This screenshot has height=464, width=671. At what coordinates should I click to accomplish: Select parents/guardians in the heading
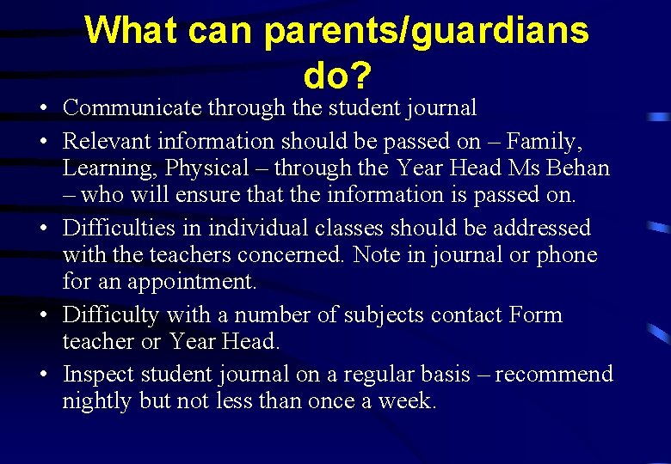pos(426,32)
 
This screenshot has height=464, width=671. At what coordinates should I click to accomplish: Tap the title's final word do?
pos(337,77)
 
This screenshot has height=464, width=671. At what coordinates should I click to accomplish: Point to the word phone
pos(565,254)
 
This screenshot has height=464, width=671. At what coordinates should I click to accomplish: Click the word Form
pos(536,315)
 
